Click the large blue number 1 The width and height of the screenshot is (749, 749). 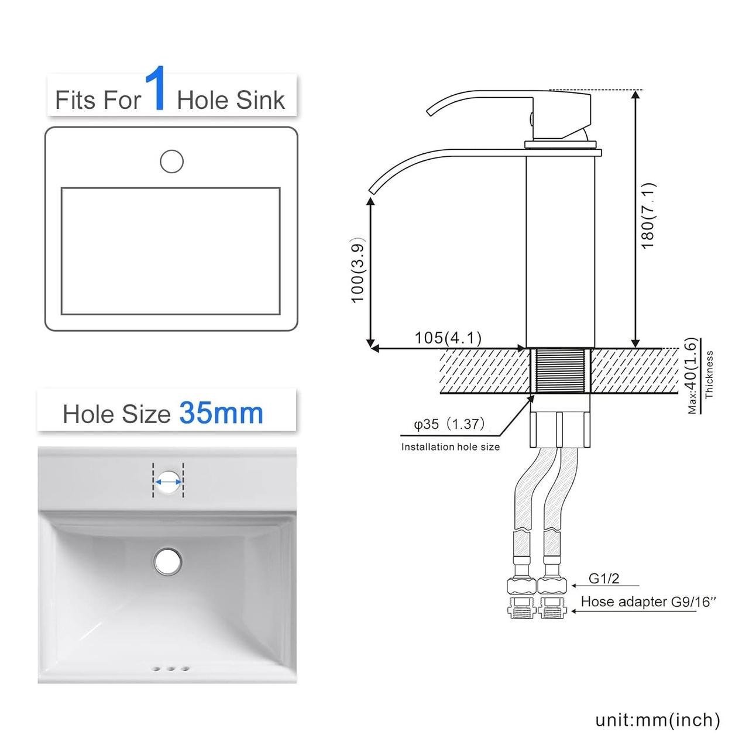[155, 88]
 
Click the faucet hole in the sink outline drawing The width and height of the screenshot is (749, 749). [172, 162]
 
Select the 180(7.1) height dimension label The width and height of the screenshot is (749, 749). [648, 215]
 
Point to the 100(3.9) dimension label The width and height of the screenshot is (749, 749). [357, 269]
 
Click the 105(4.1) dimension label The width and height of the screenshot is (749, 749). [448, 338]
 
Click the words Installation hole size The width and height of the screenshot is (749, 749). [451, 446]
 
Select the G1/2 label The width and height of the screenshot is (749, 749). [604, 589]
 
